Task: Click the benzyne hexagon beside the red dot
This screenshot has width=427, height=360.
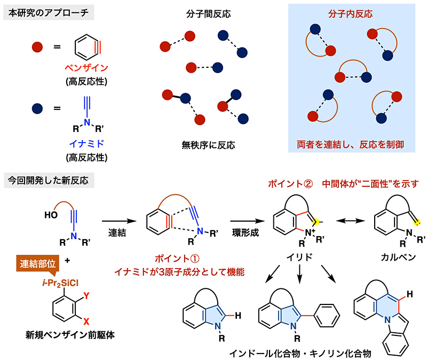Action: [x=86, y=47]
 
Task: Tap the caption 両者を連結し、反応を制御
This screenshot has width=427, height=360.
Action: [x=354, y=144]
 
